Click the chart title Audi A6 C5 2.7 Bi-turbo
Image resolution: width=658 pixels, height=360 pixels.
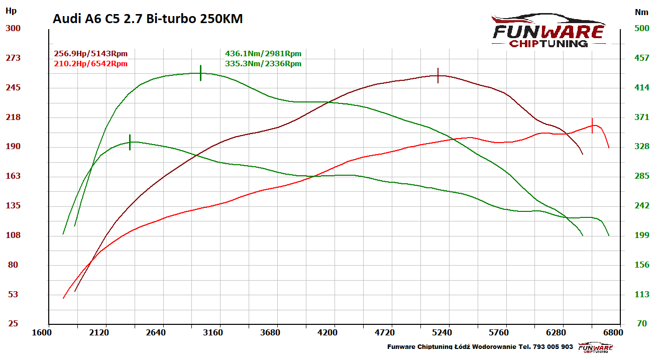click(x=148, y=19)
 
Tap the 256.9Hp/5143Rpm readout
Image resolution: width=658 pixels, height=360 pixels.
click(x=90, y=54)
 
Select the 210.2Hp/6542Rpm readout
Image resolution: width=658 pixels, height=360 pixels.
click(x=90, y=64)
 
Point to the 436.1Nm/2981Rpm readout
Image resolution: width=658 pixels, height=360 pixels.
click(x=263, y=54)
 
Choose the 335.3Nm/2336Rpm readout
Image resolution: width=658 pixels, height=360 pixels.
click(x=263, y=64)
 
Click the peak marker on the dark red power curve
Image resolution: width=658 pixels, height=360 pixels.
click(x=438, y=75)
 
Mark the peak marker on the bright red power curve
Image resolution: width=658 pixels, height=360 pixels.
click(x=592, y=126)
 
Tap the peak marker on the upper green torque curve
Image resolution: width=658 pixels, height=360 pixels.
click(x=200, y=73)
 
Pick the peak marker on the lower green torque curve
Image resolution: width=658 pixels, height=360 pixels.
click(x=130, y=142)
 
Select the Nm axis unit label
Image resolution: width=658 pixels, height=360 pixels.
click(x=641, y=12)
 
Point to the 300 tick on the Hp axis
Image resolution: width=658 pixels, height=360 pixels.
click(x=13, y=28)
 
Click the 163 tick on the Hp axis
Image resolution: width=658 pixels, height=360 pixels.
click(x=13, y=176)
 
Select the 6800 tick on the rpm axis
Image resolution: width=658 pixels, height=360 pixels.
click(x=613, y=332)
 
